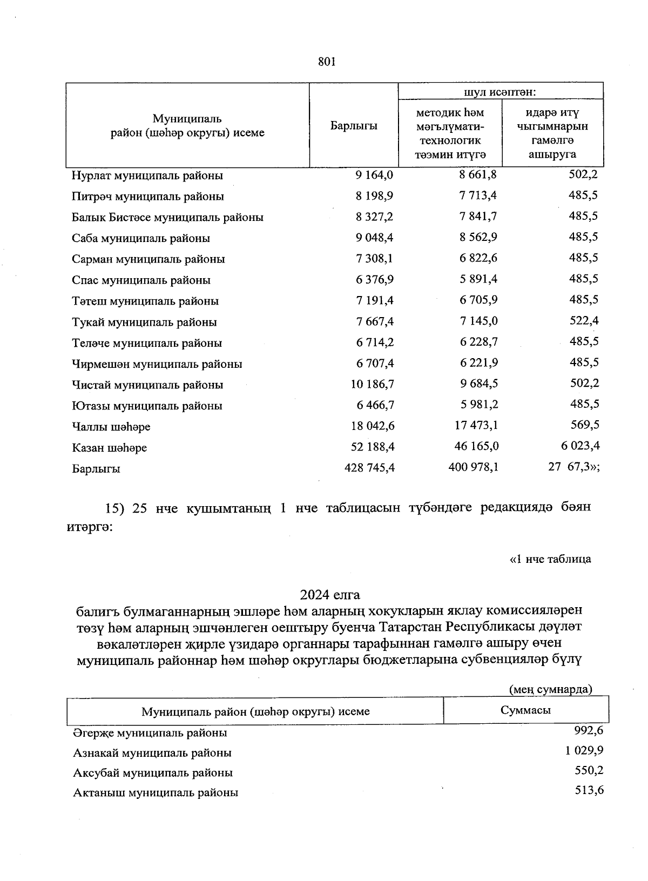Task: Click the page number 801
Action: pos(327,62)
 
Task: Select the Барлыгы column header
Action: pos(354,126)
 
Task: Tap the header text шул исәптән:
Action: pos(500,92)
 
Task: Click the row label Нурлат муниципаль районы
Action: pos(147,176)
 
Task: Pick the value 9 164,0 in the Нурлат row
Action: pos(374,175)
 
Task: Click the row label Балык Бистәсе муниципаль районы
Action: pos(167,218)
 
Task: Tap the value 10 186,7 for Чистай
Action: pos(372,384)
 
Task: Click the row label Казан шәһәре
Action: pos(110,448)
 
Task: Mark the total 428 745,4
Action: pos(369,468)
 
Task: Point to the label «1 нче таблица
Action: pos(550,559)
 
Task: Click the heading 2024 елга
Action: pos(330,595)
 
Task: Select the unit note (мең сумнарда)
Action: pos(550,689)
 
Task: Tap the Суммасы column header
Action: pos(525,710)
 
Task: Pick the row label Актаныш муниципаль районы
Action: pos(156,793)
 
